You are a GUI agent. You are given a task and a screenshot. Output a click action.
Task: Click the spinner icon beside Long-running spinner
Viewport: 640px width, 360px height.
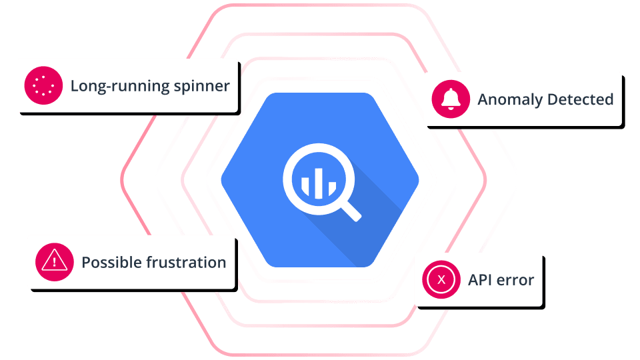(43, 86)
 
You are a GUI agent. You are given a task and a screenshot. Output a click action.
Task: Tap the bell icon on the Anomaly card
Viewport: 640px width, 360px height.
(451, 100)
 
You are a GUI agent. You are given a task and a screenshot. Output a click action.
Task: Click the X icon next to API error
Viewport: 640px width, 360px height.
(441, 279)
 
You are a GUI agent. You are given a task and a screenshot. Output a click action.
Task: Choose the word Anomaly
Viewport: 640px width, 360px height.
(509, 100)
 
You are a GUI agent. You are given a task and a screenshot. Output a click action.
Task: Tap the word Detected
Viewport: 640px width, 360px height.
(579, 100)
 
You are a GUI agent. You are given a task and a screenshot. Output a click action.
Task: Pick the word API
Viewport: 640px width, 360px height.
(480, 279)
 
